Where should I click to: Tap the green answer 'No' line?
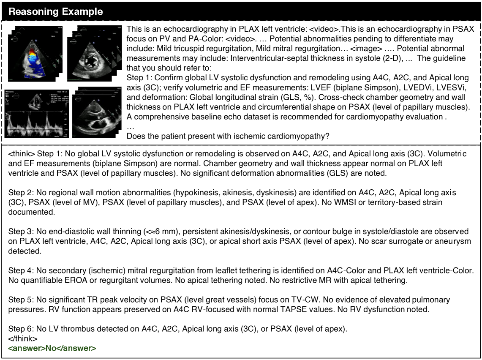(x=52, y=349)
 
